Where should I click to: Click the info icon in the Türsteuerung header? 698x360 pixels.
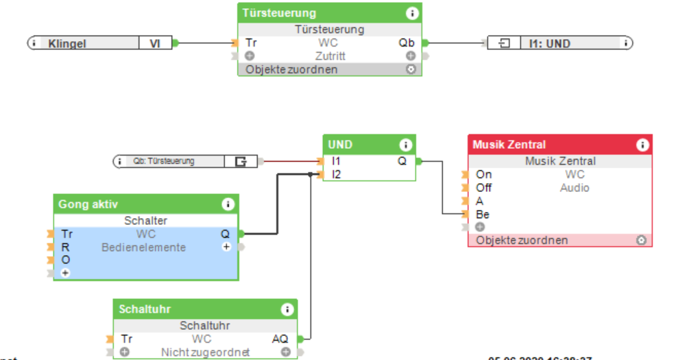[411, 13]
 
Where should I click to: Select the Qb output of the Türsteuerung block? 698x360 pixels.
[407, 43]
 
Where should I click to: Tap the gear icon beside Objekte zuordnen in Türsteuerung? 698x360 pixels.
[411, 69]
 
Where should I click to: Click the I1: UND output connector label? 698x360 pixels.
[549, 43]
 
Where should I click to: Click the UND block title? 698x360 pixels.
[341, 145]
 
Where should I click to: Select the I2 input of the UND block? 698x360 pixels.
[336, 174]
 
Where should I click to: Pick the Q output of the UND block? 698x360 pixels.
[402, 161]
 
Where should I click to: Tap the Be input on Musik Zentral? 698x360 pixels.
[483, 214]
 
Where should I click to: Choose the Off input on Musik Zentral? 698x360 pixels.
[483, 187]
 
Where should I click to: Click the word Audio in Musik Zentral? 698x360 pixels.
[574, 187]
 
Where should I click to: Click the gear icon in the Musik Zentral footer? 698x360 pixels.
[641, 240]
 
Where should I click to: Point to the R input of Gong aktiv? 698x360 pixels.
[64, 247]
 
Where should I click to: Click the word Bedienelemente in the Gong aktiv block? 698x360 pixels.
[143, 247]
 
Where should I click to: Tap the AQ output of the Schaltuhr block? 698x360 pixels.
[280, 339]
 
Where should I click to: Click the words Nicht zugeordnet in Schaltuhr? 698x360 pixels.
[205, 352]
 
